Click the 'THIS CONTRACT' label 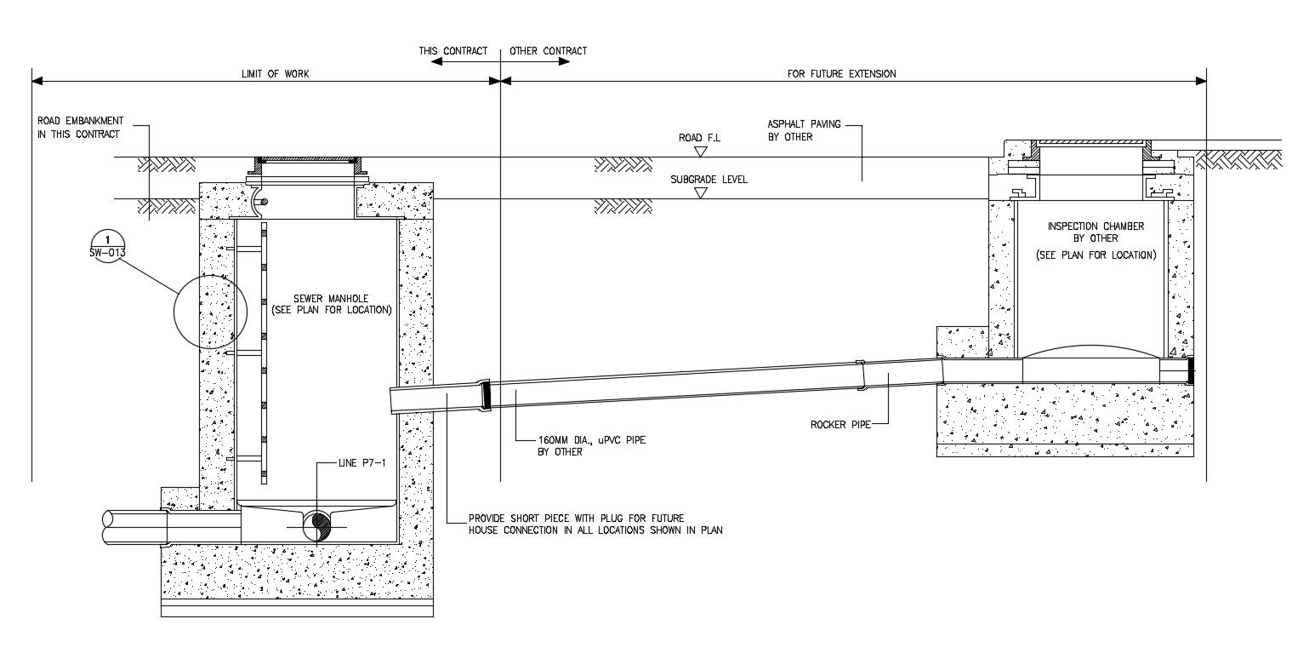click(x=452, y=51)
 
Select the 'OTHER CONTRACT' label click(x=548, y=51)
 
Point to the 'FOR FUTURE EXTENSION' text click(x=841, y=74)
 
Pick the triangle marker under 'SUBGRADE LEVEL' click(x=700, y=193)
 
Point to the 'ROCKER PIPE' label click(x=840, y=424)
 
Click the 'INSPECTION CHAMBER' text click(x=1096, y=226)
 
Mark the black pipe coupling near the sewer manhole click(x=487, y=395)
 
